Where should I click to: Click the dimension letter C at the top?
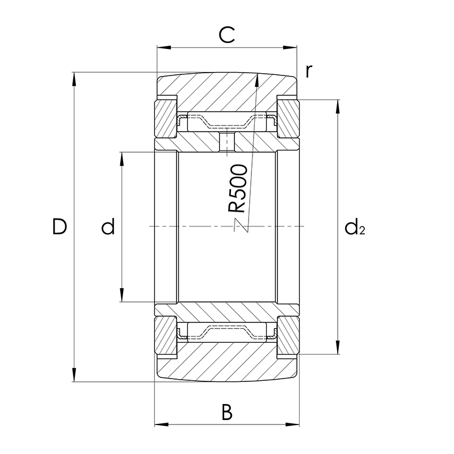click(x=226, y=35)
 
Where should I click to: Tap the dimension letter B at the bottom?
click(x=227, y=412)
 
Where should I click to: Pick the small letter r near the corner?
click(x=309, y=71)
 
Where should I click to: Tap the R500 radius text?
click(x=237, y=188)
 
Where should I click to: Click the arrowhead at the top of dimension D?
click(x=74, y=79)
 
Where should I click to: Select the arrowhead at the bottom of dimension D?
click(x=74, y=375)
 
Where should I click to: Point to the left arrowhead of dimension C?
click(x=163, y=47)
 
